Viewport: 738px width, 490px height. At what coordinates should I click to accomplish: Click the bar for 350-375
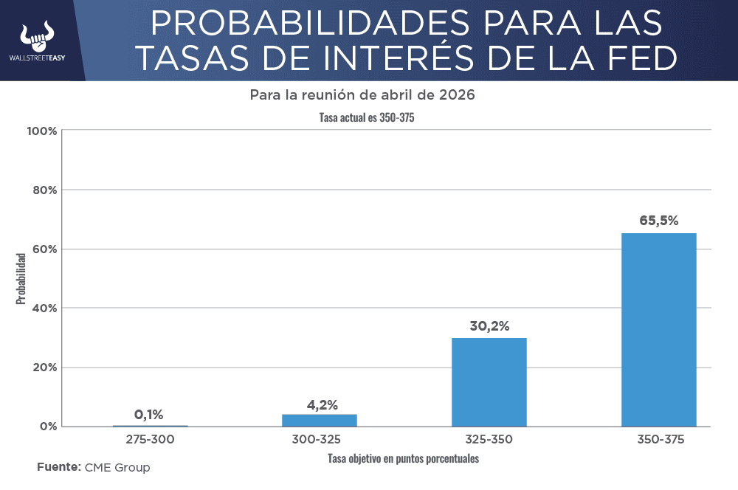coord(658,329)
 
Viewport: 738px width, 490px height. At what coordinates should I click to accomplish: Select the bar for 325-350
coord(489,382)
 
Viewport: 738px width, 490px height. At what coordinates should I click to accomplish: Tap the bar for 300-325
coord(320,420)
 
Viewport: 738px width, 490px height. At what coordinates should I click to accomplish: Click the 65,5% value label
coord(658,220)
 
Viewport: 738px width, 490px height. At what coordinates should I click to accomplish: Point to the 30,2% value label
coord(489,325)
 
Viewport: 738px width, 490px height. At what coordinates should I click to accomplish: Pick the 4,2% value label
coord(322,404)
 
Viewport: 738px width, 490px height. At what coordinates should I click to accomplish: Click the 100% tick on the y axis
coord(41,131)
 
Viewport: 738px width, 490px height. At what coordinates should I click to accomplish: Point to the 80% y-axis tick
coord(44,190)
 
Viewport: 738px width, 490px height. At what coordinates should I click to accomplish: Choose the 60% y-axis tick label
coord(44,249)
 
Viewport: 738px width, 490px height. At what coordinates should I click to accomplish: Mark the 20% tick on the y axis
coord(44,367)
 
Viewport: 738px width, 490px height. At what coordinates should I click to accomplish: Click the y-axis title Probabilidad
coord(21,279)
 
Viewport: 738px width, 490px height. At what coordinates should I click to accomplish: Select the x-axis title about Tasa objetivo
coord(404,458)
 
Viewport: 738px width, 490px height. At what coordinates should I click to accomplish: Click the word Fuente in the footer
coord(58,467)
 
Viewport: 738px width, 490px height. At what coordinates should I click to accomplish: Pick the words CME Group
coord(117,467)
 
